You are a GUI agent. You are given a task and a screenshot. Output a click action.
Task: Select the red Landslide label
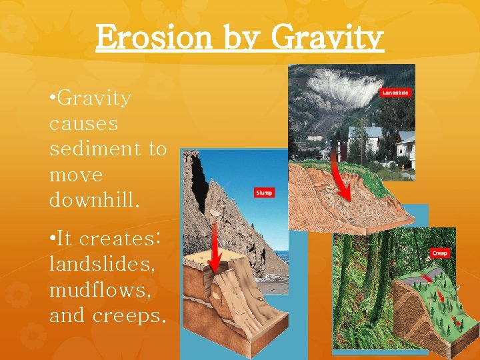coord(395,93)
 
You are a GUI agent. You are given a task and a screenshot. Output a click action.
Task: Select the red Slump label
coord(264,193)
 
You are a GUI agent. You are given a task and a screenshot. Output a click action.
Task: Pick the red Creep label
coord(439,253)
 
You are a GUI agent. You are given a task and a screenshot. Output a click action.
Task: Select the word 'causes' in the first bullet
coord(83,124)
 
